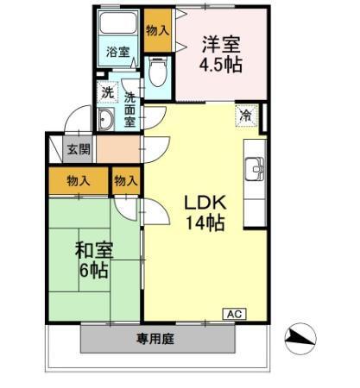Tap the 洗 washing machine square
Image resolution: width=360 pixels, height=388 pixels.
coord(106,91)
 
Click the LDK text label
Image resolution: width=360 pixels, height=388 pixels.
coord(205,203)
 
